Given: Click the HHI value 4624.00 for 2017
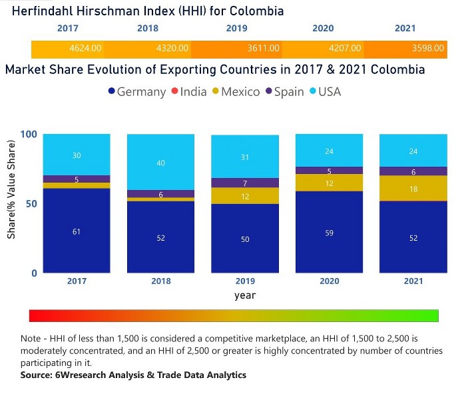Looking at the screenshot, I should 85,49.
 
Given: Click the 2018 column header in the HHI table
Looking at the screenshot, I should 147,29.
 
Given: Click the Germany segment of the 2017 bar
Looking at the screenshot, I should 77,231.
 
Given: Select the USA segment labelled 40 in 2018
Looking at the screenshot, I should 160,162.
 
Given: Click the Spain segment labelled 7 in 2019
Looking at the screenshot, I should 245,183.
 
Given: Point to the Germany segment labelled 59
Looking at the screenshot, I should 329,232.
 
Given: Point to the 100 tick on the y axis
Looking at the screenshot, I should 29,134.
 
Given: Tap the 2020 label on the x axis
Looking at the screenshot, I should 329,281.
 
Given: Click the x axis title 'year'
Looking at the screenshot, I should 244,295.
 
